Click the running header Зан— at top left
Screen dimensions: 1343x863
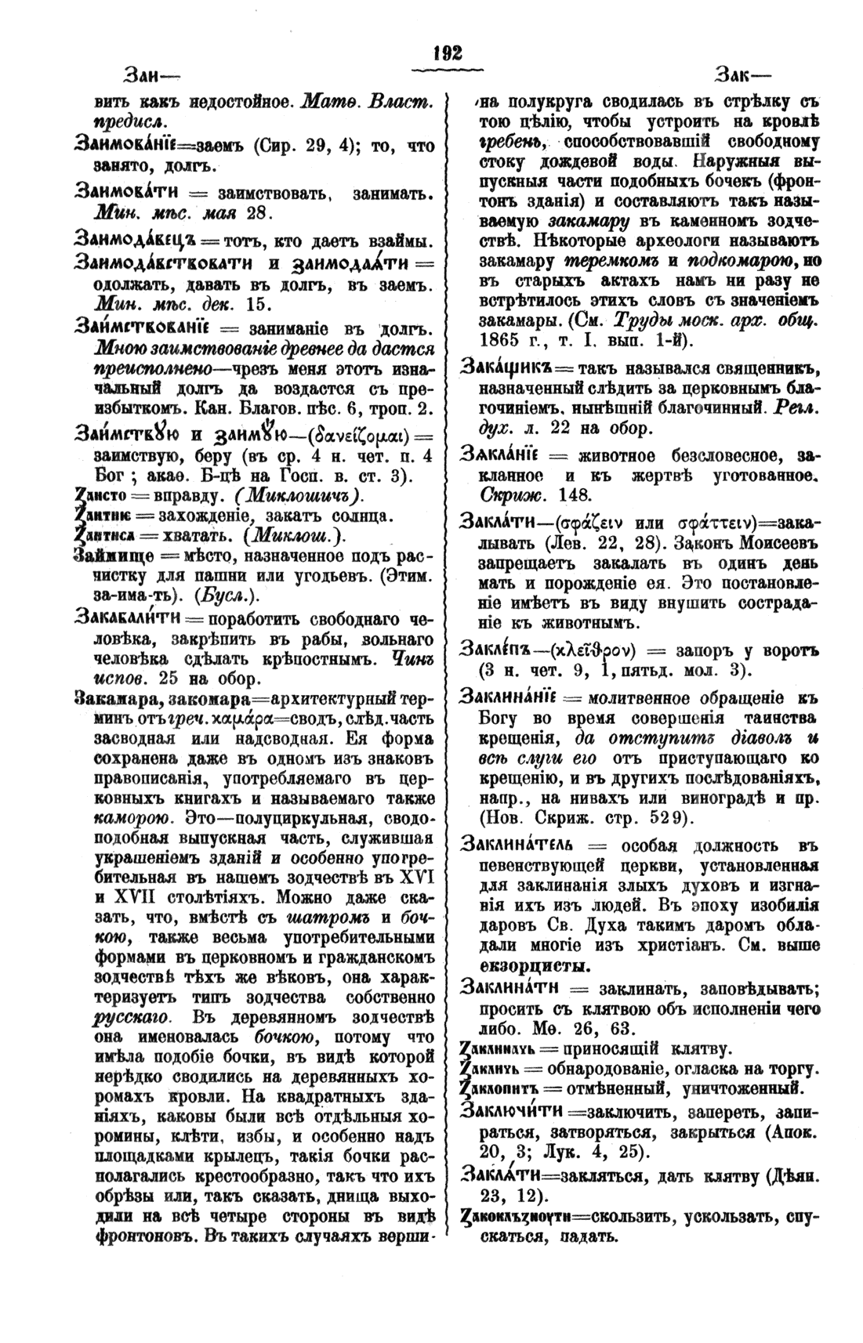click(150, 77)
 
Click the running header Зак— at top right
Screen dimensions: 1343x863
click(742, 77)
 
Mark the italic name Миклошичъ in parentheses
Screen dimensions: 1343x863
click(299, 498)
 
